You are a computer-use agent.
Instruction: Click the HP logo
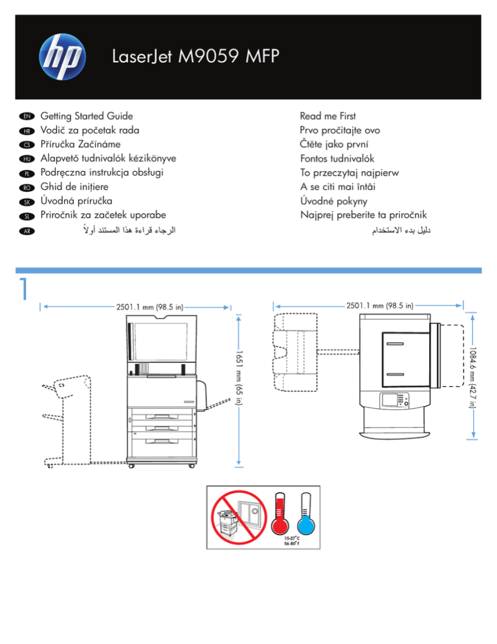pyautogui.click(x=62, y=56)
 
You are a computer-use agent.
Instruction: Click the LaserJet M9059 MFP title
pyautogui.click(x=195, y=56)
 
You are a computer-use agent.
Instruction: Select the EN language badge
pyautogui.click(x=27, y=116)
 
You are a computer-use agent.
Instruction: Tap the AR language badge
pyautogui.click(x=27, y=231)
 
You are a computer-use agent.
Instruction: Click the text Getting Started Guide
pyautogui.click(x=87, y=116)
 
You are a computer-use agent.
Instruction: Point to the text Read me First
pyautogui.click(x=327, y=116)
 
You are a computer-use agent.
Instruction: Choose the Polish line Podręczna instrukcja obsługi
pyautogui.click(x=102, y=172)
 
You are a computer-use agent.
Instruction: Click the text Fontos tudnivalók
pyautogui.click(x=337, y=159)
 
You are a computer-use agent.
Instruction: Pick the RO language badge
pyautogui.click(x=27, y=188)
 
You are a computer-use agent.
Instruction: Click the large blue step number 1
pyautogui.click(x=24, y=288)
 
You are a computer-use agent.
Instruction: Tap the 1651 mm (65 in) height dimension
pyautogui.click(x=239, y=378)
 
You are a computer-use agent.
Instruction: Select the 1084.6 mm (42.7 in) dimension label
pyautogui.click(x=472, y=378)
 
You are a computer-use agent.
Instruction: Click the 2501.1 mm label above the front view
pyautogui.click(x=149, y=307)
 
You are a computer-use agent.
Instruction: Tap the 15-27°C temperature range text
pyautogui.click(x=292, y=538)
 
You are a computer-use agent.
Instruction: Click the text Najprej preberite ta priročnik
pyautogui.click(x=364, y=215)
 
